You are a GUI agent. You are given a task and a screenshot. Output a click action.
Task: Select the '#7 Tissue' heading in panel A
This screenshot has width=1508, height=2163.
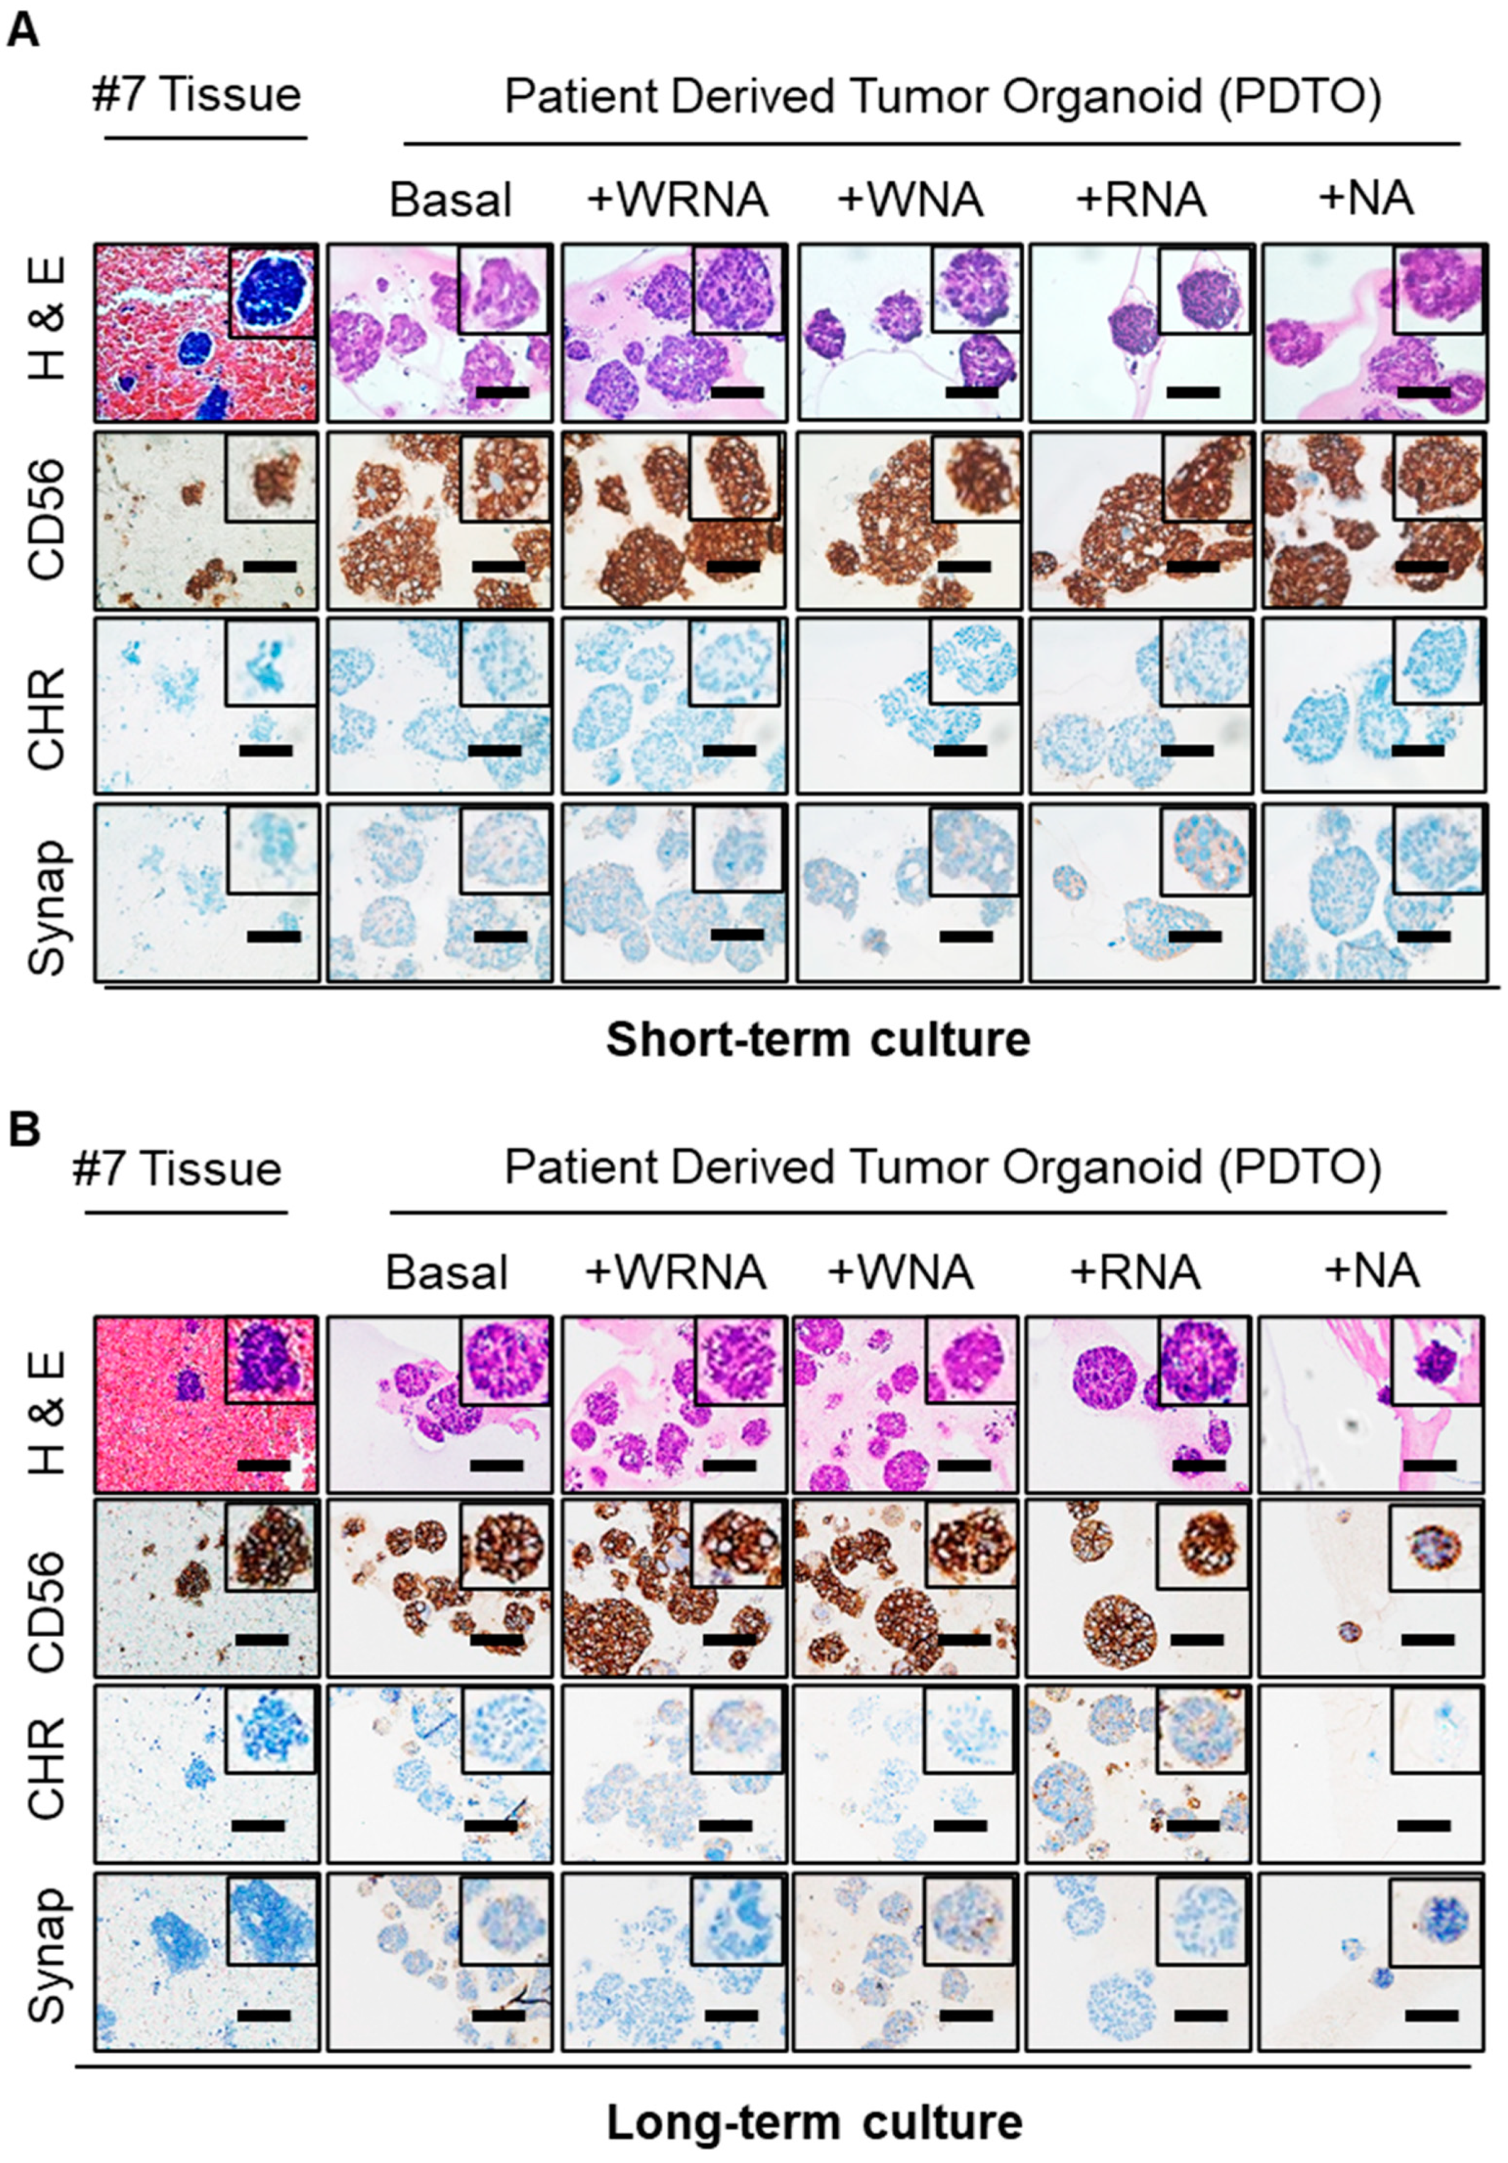click(196, 95)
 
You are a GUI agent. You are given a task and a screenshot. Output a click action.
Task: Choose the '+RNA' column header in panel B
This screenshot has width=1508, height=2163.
click(1135, 1272)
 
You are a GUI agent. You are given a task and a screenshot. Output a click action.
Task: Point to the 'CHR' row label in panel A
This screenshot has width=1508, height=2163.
click(47, 704)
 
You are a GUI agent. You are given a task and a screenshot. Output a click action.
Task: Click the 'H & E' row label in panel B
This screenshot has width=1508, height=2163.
click(47, 1405)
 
